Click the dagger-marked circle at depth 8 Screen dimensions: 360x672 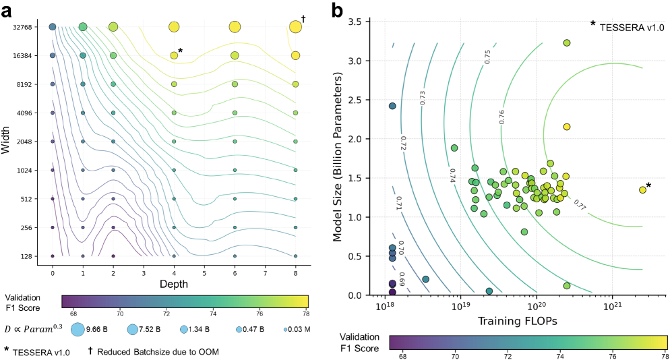point(295,27)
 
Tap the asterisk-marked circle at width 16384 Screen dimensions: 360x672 point(174,55)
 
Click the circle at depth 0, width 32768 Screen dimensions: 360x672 point(53,27)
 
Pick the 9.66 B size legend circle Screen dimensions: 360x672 point(78,330)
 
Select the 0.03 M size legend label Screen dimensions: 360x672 point(301,330)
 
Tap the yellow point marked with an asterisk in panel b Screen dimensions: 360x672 point(642,190)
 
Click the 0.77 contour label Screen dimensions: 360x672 point(579,204)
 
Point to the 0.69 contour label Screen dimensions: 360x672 point(400,278)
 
